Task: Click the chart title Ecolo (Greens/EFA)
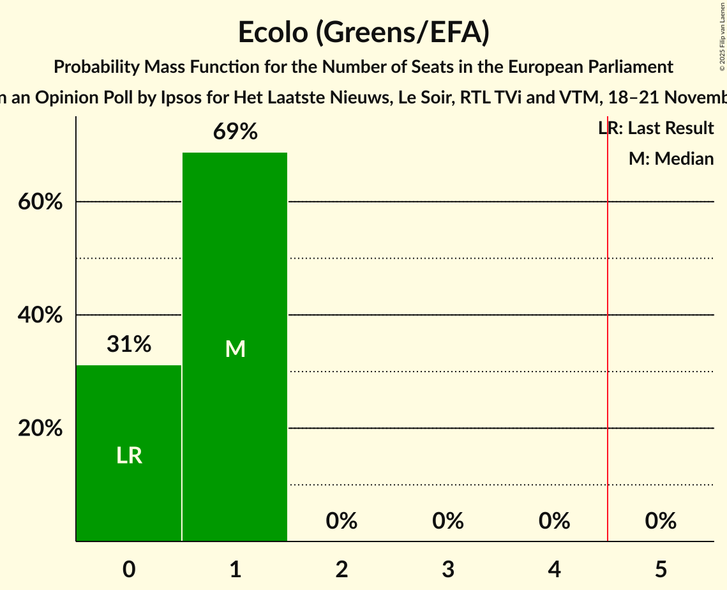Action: coord(363,33)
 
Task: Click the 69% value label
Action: coord(235,132)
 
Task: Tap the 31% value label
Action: coord(129,345)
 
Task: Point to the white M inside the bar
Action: coord(235,349)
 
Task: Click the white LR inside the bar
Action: coord(129,455)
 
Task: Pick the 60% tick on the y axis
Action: coord(40,202)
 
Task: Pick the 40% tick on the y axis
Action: coord(40,315)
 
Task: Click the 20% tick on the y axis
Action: coord(40,428)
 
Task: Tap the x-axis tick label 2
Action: coord(341,569)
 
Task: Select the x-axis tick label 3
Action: coord(448,569)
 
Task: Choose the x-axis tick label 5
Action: coord(661,569)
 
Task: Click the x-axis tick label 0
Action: coord(129,569)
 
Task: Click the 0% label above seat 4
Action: coord(554,522)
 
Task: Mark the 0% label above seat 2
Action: coord(341,522)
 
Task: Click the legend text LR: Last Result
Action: coord(656,128)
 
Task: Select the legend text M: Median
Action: coord(671,158)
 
